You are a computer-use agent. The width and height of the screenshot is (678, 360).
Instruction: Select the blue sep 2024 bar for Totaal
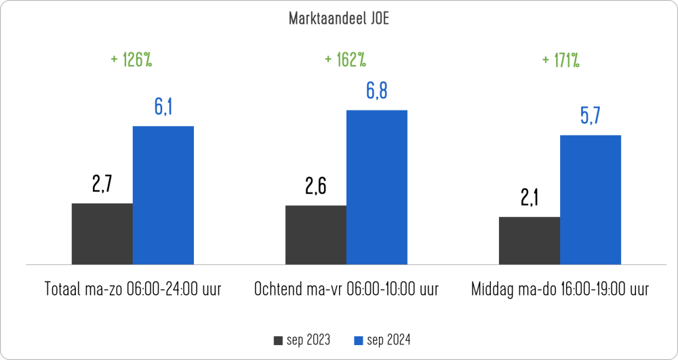click(163, 195)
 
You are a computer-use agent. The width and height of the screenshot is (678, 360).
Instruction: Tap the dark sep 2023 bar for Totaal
click(102, 233)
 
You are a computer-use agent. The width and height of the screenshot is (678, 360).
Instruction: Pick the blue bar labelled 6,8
click(376, 187)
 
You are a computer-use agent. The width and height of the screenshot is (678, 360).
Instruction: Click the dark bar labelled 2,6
click(315, 235)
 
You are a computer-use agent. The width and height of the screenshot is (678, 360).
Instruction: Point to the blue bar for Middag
click(590, 199)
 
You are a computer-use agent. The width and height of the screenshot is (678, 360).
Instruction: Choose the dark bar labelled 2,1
click(529, 240)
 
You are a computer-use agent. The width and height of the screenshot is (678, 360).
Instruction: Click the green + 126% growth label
click(131, 60)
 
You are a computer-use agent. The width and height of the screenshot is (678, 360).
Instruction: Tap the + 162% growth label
click(345, 60)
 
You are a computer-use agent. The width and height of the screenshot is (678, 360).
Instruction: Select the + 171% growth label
click(560, 60)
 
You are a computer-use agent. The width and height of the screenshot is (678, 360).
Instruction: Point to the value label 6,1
click(163, 106)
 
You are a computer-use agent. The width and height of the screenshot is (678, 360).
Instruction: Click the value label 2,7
click(102, 184)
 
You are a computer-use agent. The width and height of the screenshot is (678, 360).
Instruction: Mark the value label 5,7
click(590, 116)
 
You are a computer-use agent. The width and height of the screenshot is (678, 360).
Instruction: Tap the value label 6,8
click(377, 91)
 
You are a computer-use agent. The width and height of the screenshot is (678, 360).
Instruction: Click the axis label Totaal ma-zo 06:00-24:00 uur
click(132, 289)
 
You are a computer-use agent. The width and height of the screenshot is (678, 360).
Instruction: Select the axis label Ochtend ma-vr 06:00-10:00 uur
click(346, 289)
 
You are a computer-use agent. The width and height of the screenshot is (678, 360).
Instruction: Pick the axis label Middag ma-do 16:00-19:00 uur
click(560, 289)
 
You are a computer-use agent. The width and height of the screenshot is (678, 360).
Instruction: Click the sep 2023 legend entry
click(302, 340)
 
